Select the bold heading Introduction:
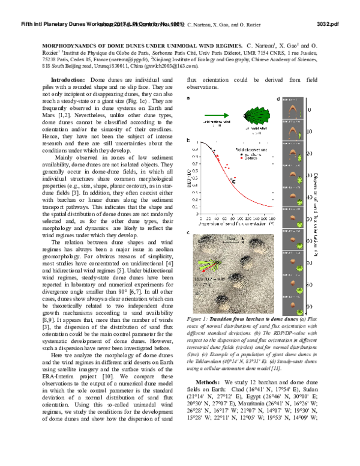point(68,80)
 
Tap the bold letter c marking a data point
point(235,178)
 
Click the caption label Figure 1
point(198,320)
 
